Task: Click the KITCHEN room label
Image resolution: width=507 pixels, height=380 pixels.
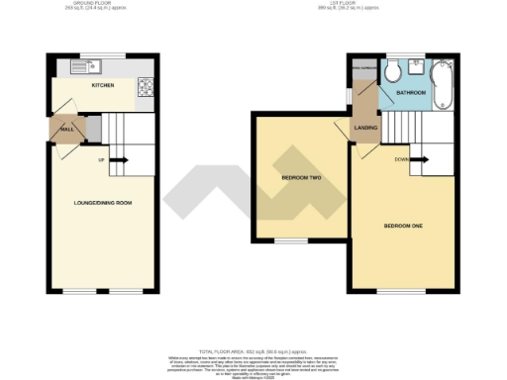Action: [x=102, y=86]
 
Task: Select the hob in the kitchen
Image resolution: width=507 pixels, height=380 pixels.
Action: [x=145, y=85]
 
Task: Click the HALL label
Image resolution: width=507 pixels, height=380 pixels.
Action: [x=68, y=129]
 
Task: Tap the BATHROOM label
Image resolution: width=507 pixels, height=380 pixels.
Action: [x=410, y=92]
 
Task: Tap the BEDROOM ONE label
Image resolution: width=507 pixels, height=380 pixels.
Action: [x=403, y=226]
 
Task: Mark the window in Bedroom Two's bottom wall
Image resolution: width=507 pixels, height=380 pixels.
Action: [x=290, y=240]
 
